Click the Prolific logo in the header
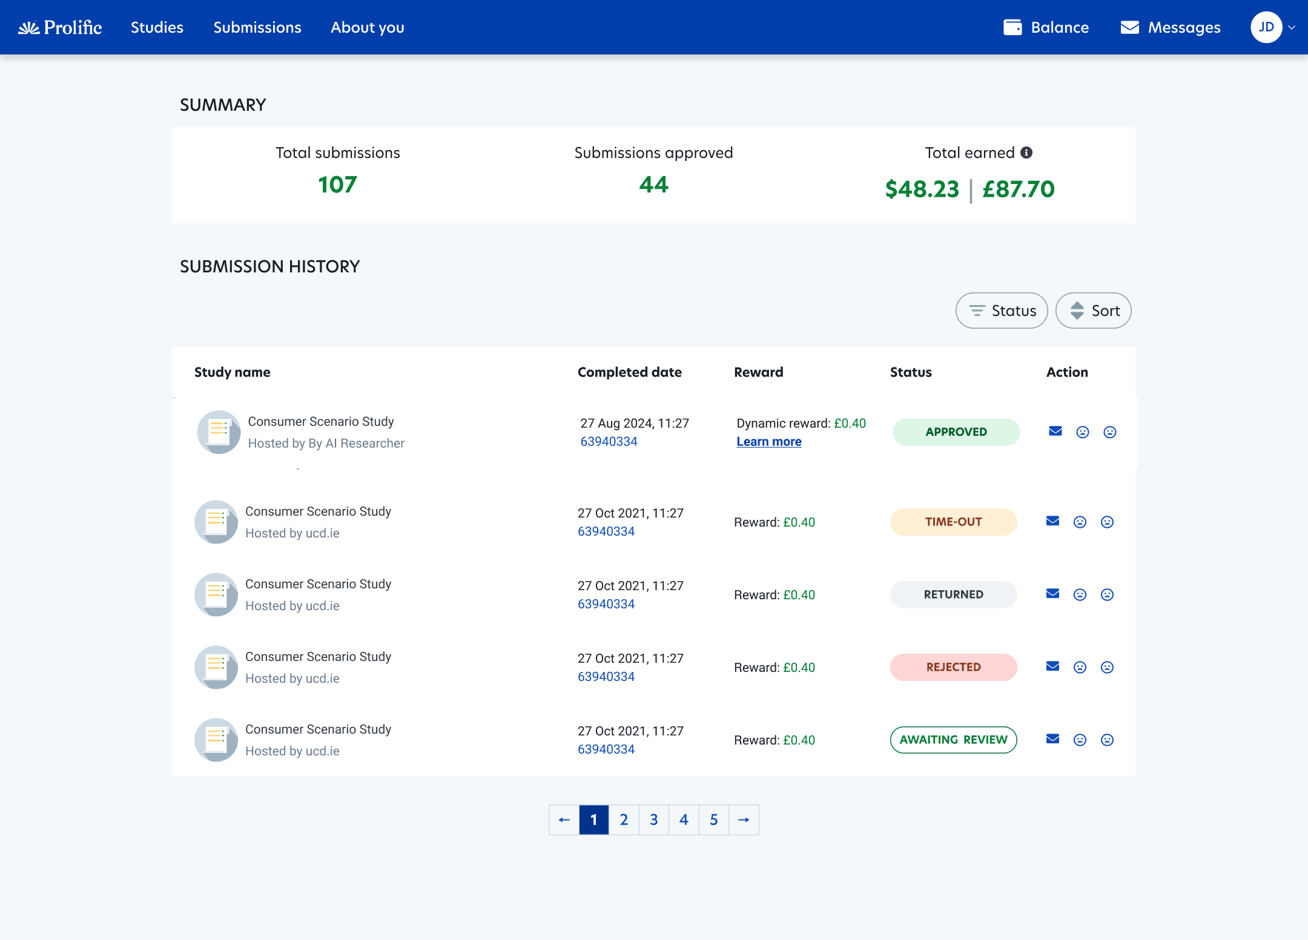(x=60, y=27)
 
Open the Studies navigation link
(x=157, y=27)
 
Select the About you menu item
(x=367, y=27)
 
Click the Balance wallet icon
(x=1012, y=27)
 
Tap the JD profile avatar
(x=1266, y=27)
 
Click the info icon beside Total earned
(x=1026, y=153)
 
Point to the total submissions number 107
(x=337, y=185)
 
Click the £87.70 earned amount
(x=1019, y=189)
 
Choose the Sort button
(x=1094, y=311)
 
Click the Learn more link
(x=769, y=442)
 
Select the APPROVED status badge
(x=956, y=432)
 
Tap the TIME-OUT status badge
(x=954, y=522)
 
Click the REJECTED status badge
(x=954, y=667)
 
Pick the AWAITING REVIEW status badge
(x=954, y=740)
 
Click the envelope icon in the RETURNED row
(x=1053, y=594)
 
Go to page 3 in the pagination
(x=654, y=820)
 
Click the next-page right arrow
(x=744, y=820)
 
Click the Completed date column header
(x=630, y=372)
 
